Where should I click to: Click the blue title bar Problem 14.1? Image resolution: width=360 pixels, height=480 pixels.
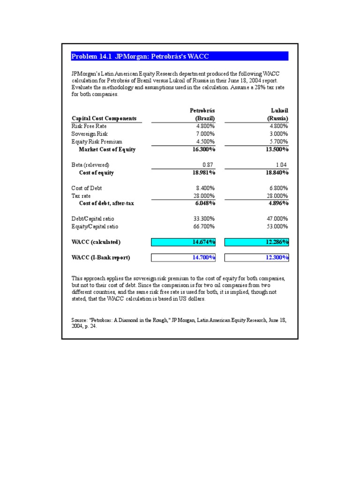[180, 56]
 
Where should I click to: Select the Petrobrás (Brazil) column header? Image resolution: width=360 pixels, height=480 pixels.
[202, 114]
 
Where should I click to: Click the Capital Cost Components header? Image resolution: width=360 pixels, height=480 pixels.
[104, 119]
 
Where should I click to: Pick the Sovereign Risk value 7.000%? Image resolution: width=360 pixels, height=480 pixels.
[204, 134]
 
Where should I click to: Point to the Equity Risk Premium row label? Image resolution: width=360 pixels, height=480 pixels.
[97, 142]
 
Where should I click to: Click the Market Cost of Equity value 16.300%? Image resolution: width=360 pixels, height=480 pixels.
[203, 150]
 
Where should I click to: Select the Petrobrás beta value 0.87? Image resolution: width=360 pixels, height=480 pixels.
[209, 165]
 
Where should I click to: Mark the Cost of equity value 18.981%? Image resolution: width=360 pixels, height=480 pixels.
[203, 172]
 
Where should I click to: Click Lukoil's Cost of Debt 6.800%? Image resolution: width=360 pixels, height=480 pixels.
[278, 188]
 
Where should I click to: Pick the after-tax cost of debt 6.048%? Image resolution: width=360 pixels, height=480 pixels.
[204, 203]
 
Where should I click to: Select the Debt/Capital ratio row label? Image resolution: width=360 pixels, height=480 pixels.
[93, 219]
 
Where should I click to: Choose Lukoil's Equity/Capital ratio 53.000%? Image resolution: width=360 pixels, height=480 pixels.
[277, 226]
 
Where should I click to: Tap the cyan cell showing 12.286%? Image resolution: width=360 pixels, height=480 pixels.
[257, 242]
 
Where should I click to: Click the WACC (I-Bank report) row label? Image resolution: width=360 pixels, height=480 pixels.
[100, 257]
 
